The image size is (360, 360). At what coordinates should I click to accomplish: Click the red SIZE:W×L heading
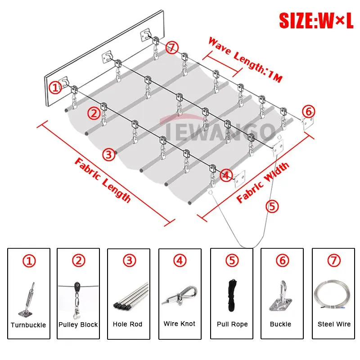pyautogui.click(x=316, y=20)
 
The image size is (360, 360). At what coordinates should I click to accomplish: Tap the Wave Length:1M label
pyautogui.click(x=245, y=60)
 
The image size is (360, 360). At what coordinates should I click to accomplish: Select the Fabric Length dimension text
pyautogui.click(x=103, y=180)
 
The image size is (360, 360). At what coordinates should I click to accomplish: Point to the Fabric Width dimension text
pyautogui.click(x=263, y=183)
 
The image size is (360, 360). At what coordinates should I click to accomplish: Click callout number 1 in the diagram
pyautogui.click(x=55, y=87)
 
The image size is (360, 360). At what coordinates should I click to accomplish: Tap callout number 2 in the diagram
pyautogui.click(x=94, y=113)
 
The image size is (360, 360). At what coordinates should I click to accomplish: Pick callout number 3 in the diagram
pyautogui.click(x=108, y=154)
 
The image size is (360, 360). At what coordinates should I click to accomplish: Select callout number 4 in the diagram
pyautogui.click(x=226, y=175)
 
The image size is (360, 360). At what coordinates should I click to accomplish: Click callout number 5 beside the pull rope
pyautogui.click(x=272, y=206)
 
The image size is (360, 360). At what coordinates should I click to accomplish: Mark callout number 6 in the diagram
pyautogui.click(x=308, y=111)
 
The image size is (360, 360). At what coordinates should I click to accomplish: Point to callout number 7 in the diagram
pyautogui.click(x=172, y=48)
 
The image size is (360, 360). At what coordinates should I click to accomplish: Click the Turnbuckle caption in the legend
pyautogui.click(x=28, y=325)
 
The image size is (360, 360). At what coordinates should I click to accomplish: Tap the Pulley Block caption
pyautogui.click(x=78, y=324)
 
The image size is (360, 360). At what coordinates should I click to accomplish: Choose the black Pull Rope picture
pyautogui.click(x=232, y=295)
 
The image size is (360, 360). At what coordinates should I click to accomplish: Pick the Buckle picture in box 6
pyautogui.click(x=281, y=296)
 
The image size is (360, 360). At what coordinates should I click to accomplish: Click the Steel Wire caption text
pyautogui.click(x=334, y=324)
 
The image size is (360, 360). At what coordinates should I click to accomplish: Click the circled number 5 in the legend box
pyautogui.click(x=232, y=261)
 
